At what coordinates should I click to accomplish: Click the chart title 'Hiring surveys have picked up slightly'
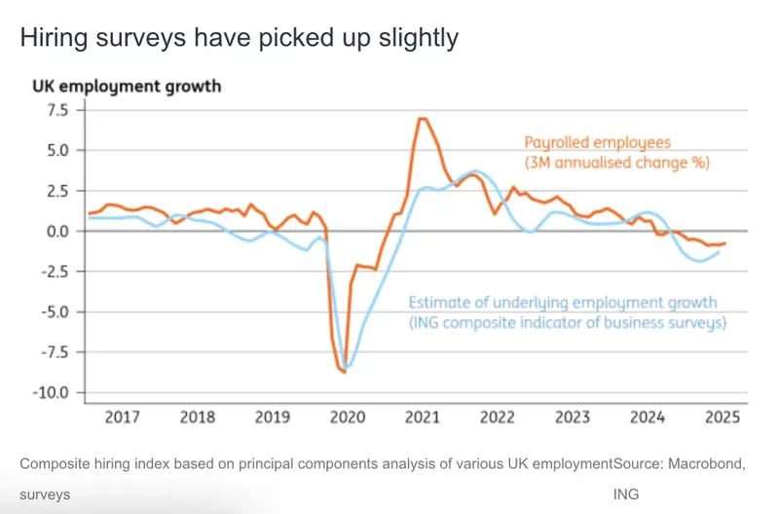[x=239, y=38]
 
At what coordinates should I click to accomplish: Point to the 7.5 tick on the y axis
[x=55, y=110]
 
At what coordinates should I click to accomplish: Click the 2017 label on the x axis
[x=122, y=417]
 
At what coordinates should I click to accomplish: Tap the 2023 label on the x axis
[x=573, y=417]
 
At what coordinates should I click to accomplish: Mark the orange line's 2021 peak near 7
[x=422, y=118]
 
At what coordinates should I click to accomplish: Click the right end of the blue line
[x=719, y=252]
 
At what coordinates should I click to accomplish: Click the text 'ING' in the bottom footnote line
[x=625, y=495]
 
